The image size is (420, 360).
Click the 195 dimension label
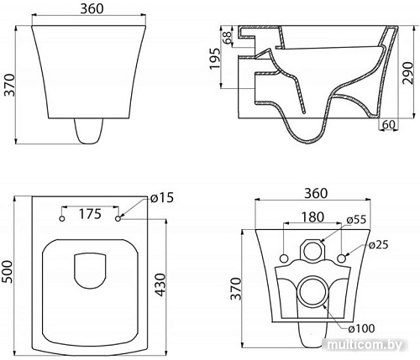[215, 59]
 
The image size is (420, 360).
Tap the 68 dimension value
[228, 37]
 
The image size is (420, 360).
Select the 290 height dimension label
[408, 73]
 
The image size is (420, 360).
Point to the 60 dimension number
[389, 124]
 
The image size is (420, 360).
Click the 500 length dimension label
[7, 272]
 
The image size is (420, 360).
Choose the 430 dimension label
[160, 285]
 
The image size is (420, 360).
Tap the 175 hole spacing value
[90, 214]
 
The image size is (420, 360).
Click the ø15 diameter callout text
[162, 198]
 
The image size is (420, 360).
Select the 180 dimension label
[312, 217]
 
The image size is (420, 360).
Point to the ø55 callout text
[356, 220]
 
